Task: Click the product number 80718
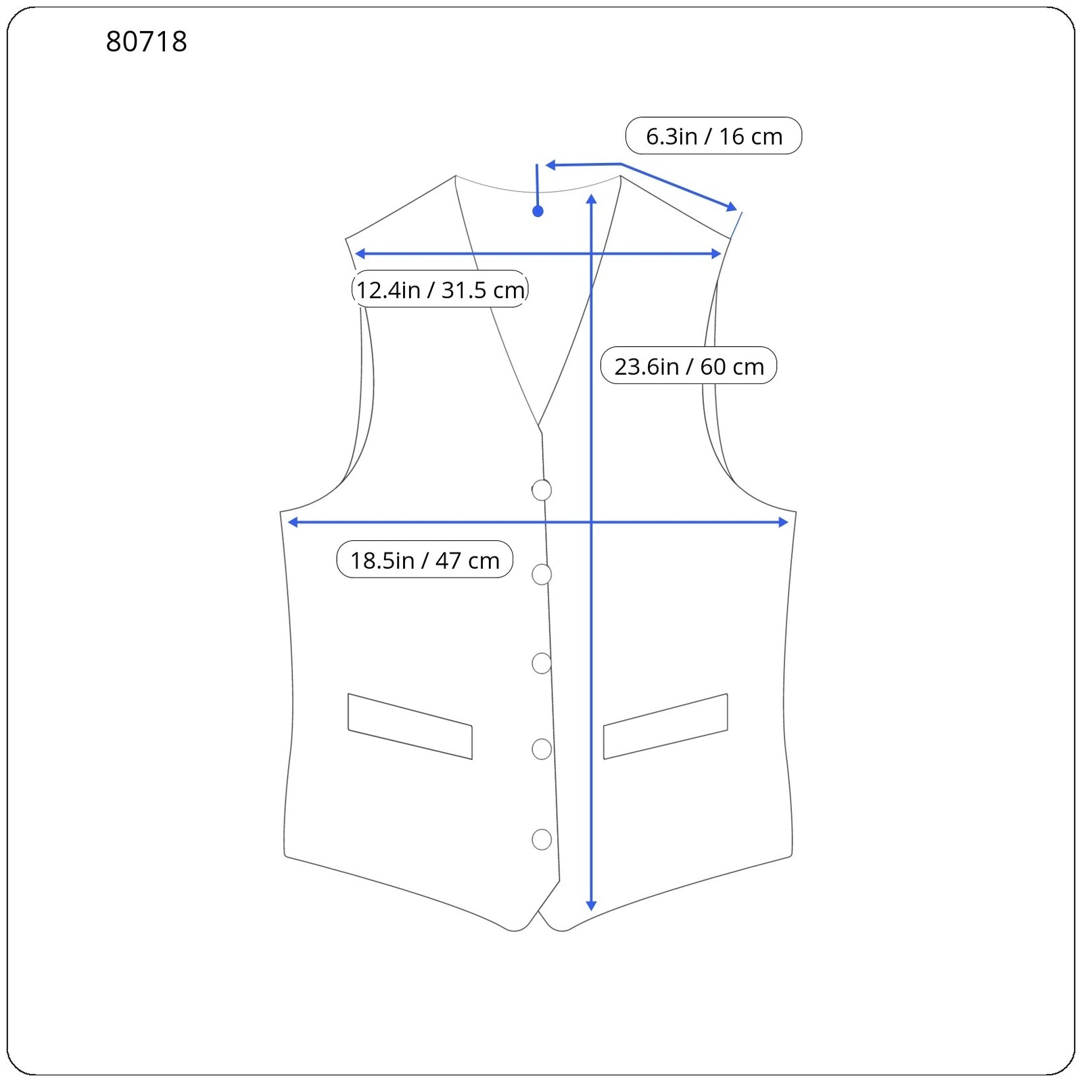(x=146, y=42)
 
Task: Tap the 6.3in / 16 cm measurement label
(x=713, y=136)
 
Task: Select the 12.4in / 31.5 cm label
(x=440, y=289)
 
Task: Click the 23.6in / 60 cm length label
(x=688, y=366)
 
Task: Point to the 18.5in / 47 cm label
(x=425, y=560)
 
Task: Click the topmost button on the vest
(x=542, y=490)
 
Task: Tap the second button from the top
(x=542, y=574)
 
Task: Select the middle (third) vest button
(x=542, y=663)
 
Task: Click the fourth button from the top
(x=542, y=749)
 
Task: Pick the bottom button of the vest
(x=542, y=839)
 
